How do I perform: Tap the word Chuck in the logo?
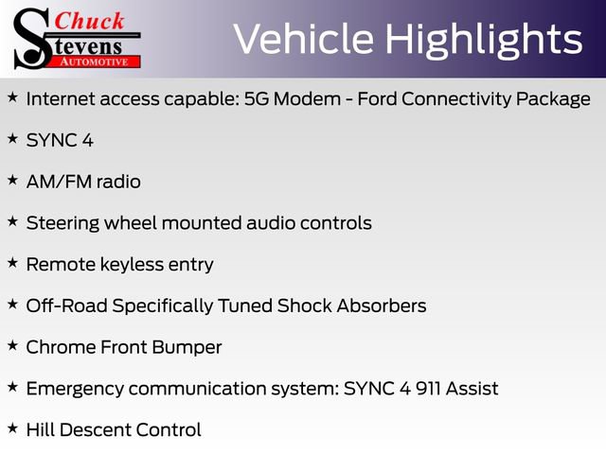pyautogui.click(x=90, y=21)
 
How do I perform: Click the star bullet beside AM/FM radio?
pyautogui.click(x=12, y=180)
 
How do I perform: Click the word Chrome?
pyautogui.click(x=59, y=347)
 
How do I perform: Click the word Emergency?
pyautogui.click(x=75, y=389)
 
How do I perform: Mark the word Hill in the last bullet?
pyautogui.click(x=40, y=429)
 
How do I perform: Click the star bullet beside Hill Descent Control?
pyautogui.click(x=12, y=428)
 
